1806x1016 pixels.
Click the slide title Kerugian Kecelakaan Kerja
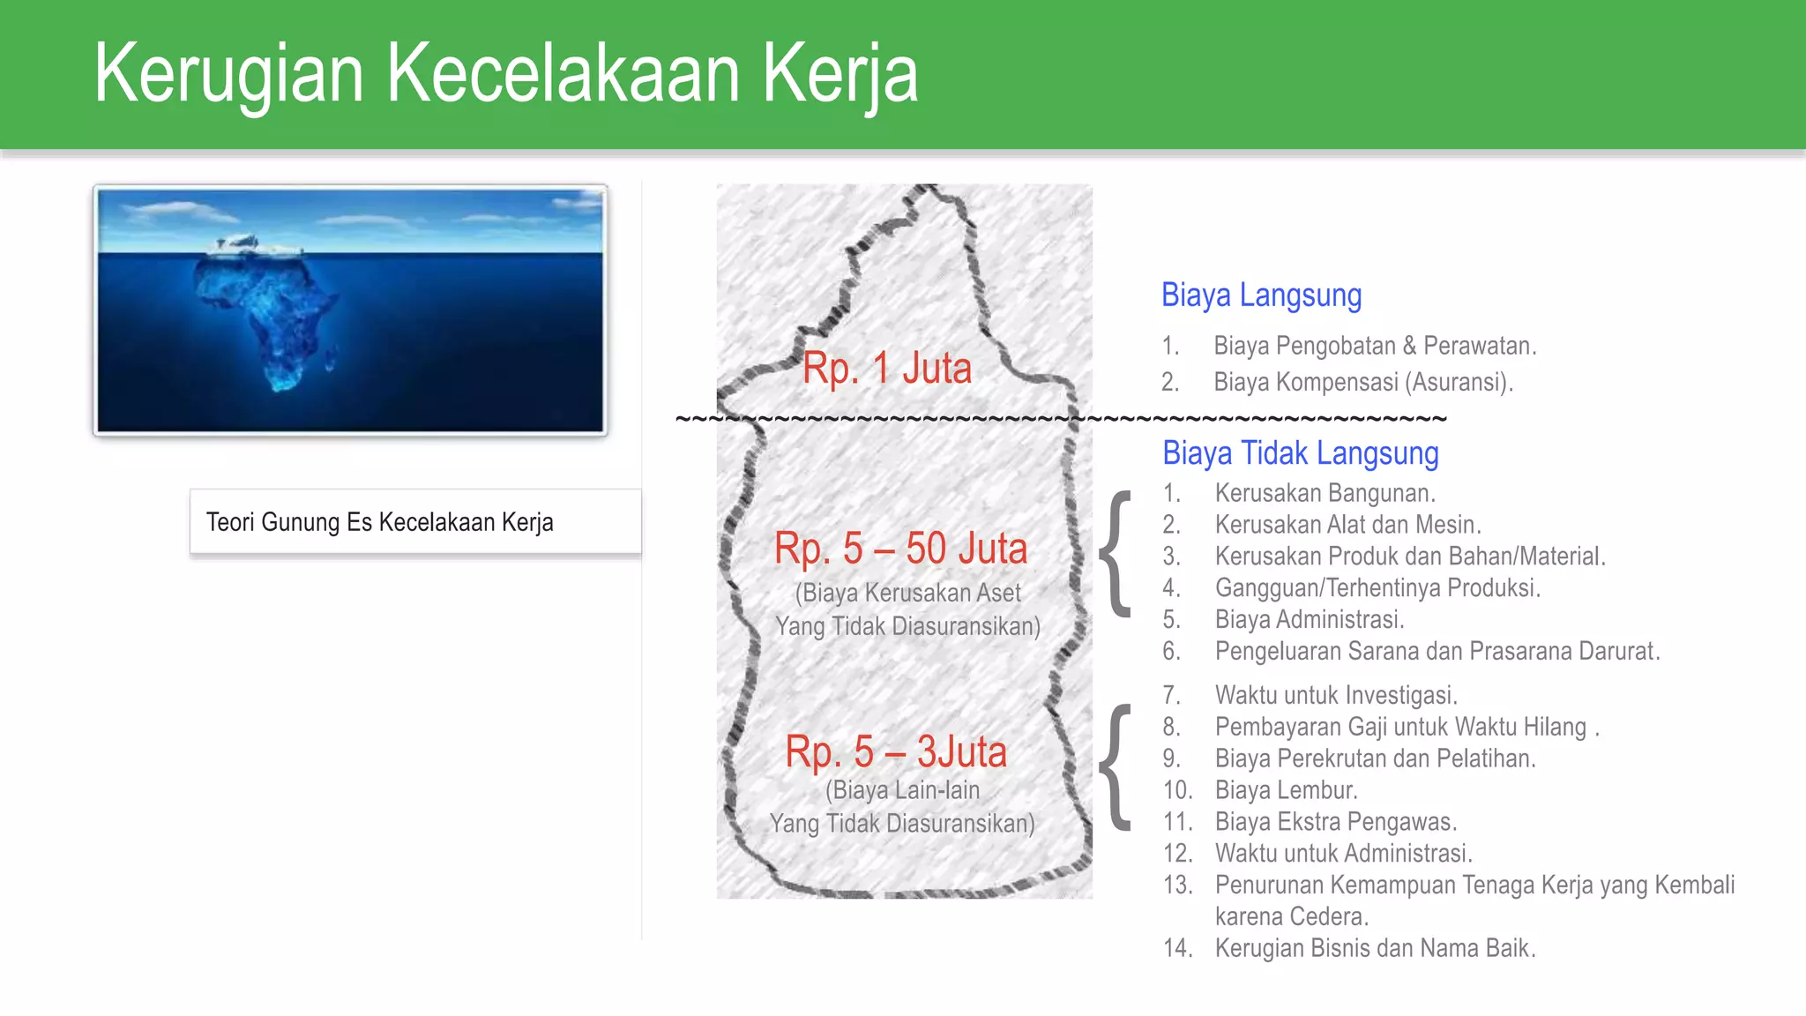(x=505, y=74)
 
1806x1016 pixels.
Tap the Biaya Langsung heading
(x=1261, y=295)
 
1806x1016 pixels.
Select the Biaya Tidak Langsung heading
(x=1300, y=453)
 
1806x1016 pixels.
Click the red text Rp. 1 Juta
(x=886, y=368)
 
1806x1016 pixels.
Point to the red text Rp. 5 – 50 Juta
(x=900, y=549)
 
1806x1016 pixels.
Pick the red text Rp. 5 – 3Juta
(x=896, y=752)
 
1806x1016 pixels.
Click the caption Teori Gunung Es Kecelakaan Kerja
(x=380, y=522)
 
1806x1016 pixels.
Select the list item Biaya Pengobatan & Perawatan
(x=1374, y=346)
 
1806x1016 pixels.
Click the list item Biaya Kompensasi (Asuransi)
(x=1362, y=382)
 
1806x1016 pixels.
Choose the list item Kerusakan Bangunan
(x=1325, y=493)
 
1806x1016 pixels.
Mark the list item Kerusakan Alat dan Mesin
(x=1347, y=525)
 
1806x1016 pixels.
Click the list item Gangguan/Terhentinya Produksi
(x=1377, y=588)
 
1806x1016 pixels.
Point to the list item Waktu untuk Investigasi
(x=1335, y=695)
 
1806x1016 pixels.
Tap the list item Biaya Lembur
(x=1286, y=790)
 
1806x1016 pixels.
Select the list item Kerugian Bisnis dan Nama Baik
(x=1375, y=948)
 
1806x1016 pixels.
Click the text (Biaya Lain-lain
(x=902, y=790)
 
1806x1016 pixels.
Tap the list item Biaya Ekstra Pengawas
(x=1335, y=822)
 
